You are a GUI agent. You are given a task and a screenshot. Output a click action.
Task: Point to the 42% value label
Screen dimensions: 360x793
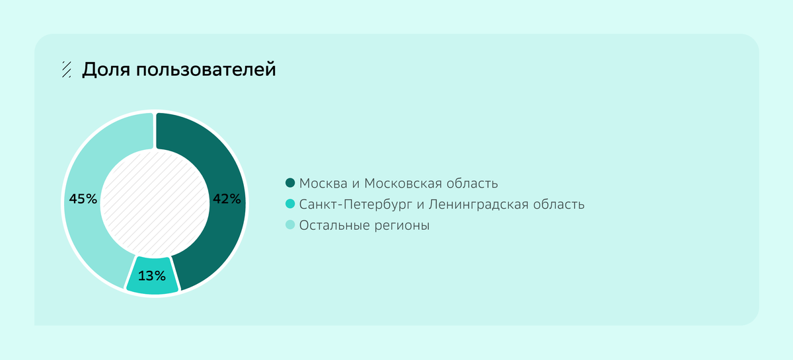[x=227, y=198]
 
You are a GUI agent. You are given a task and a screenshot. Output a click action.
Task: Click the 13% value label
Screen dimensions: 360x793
[x=151, y=275]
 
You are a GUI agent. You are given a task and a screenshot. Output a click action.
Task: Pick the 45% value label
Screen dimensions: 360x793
[x=83, y=198]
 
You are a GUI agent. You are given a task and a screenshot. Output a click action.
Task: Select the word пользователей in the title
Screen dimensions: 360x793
[x=206, y=69]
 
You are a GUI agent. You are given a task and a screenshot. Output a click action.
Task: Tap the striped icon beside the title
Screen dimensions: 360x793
[x=66, y=69]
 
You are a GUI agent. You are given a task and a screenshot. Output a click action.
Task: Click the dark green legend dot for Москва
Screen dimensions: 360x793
[x=289, y=183]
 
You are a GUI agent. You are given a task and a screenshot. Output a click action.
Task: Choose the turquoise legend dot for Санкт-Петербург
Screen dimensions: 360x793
[x=289, y=204]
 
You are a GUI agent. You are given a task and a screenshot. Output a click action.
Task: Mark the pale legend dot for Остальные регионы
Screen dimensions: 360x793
[x=289, y=225]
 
